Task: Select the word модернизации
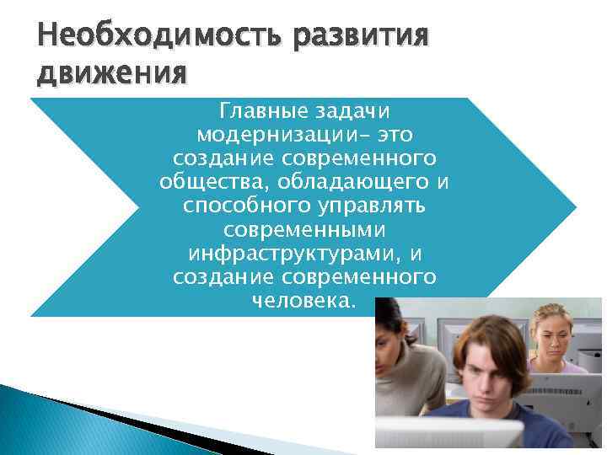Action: click(x=282, y=135)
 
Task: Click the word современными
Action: click(x=304, y=230)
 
